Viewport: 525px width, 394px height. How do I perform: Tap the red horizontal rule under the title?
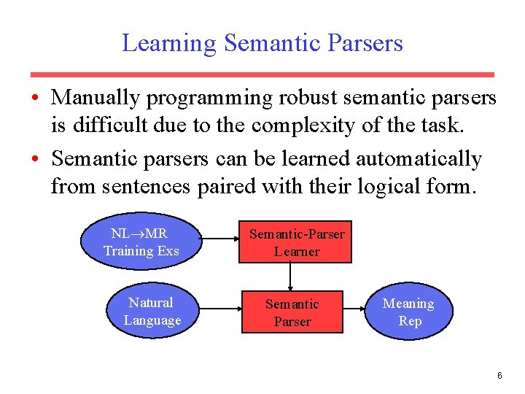(262, 74)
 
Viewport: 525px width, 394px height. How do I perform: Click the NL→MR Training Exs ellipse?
(141, 242)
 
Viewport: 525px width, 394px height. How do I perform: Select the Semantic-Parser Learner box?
(297, 242)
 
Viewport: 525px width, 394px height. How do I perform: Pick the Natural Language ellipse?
(152, 312)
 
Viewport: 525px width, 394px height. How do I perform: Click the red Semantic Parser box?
(292, 312)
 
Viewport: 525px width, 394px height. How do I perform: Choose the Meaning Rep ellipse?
(408, 312)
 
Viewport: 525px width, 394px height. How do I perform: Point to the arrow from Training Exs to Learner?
(219, 242)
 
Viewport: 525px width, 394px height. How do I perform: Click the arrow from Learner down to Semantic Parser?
(291, 277)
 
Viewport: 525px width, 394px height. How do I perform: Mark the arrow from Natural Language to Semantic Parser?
(219, 312)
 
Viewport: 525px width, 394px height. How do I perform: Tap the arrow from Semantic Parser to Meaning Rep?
(354, 312)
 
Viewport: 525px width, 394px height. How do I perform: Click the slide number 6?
(499, 376)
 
